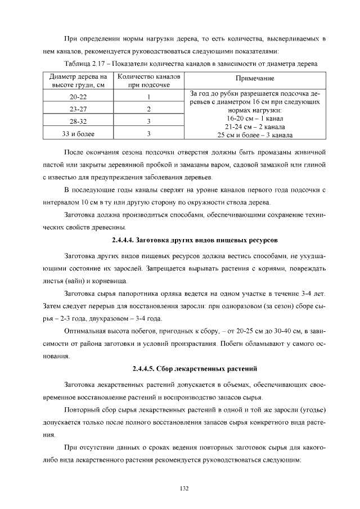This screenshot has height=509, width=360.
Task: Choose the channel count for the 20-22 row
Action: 148,97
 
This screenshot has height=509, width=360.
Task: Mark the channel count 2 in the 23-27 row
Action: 148,109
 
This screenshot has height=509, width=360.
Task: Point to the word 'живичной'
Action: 310,152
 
